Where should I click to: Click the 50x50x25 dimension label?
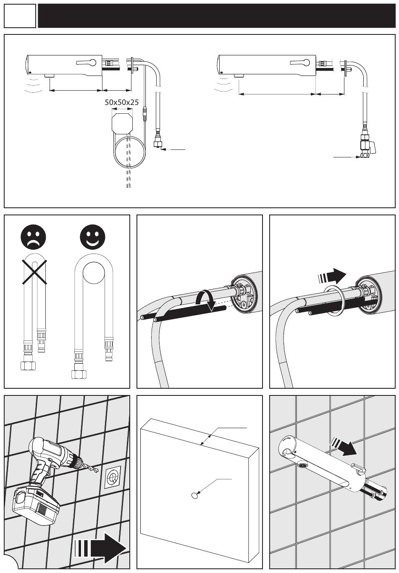coord(122,102)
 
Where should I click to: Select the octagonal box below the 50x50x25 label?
coord(122,122)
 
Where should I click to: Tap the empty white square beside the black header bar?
coord(20,16)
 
